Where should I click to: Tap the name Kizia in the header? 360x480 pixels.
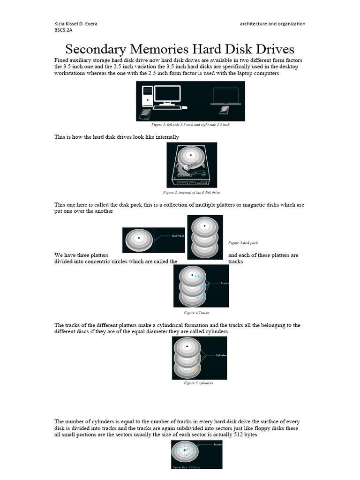pyautogui.click(x=60, y=23)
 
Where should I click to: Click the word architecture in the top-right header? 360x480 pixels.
pyautogui.click(x=255, y=23)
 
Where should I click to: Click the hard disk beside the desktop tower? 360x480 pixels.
pyautogui.click(x=145, y=114)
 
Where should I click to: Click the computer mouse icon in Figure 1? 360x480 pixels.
pyautogui.click(x=185, y=107)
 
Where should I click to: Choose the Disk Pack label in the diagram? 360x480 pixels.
pyautogui.click(x=178, y=236)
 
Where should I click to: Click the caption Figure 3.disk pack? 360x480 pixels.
pyautogui.click(x=243, y=243)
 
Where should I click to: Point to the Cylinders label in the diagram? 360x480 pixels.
pyautogui.click(x=221, y=355)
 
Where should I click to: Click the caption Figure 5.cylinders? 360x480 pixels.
pyautogui.click(x=199, y=382)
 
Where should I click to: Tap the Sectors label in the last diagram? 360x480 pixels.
pyautogui.click(x=217, y=443)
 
